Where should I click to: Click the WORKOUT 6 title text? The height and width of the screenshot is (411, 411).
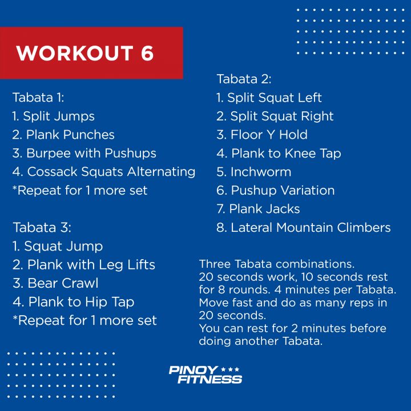pos(84,53)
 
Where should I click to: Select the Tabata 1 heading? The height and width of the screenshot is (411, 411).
pos(38,98)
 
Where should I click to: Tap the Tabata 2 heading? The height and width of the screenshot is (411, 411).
pos(244,79)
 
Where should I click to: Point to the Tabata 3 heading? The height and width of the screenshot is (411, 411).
pos(42,227)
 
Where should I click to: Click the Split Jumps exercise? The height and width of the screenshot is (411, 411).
pos(54,116)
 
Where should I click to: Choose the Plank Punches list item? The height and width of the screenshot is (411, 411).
pos(63,135)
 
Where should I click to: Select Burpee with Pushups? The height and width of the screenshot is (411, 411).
pos(84,154)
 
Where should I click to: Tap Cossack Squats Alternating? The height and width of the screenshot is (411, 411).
pos(104,172)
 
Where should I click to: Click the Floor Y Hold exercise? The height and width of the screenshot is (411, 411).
pos(262,135)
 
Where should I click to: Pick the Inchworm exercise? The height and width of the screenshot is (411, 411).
pos(253,172)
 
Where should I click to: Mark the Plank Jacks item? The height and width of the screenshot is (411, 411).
pos(258,209)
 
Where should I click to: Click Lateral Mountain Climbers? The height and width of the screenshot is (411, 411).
pos(304,228)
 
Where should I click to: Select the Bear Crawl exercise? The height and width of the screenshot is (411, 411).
pos(55,283)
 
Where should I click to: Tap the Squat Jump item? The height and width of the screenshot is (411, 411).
pos(58,247)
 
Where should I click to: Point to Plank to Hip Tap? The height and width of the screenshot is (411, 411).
pos(74,302)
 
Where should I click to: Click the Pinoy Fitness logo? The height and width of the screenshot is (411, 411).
pos(205,375)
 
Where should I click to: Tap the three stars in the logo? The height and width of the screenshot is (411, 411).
pos(230,369)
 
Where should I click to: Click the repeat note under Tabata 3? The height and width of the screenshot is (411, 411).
pos(84,320)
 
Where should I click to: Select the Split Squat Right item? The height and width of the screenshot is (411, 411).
pos(275,116)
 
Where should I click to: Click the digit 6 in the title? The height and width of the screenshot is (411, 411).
pos(147,53)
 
